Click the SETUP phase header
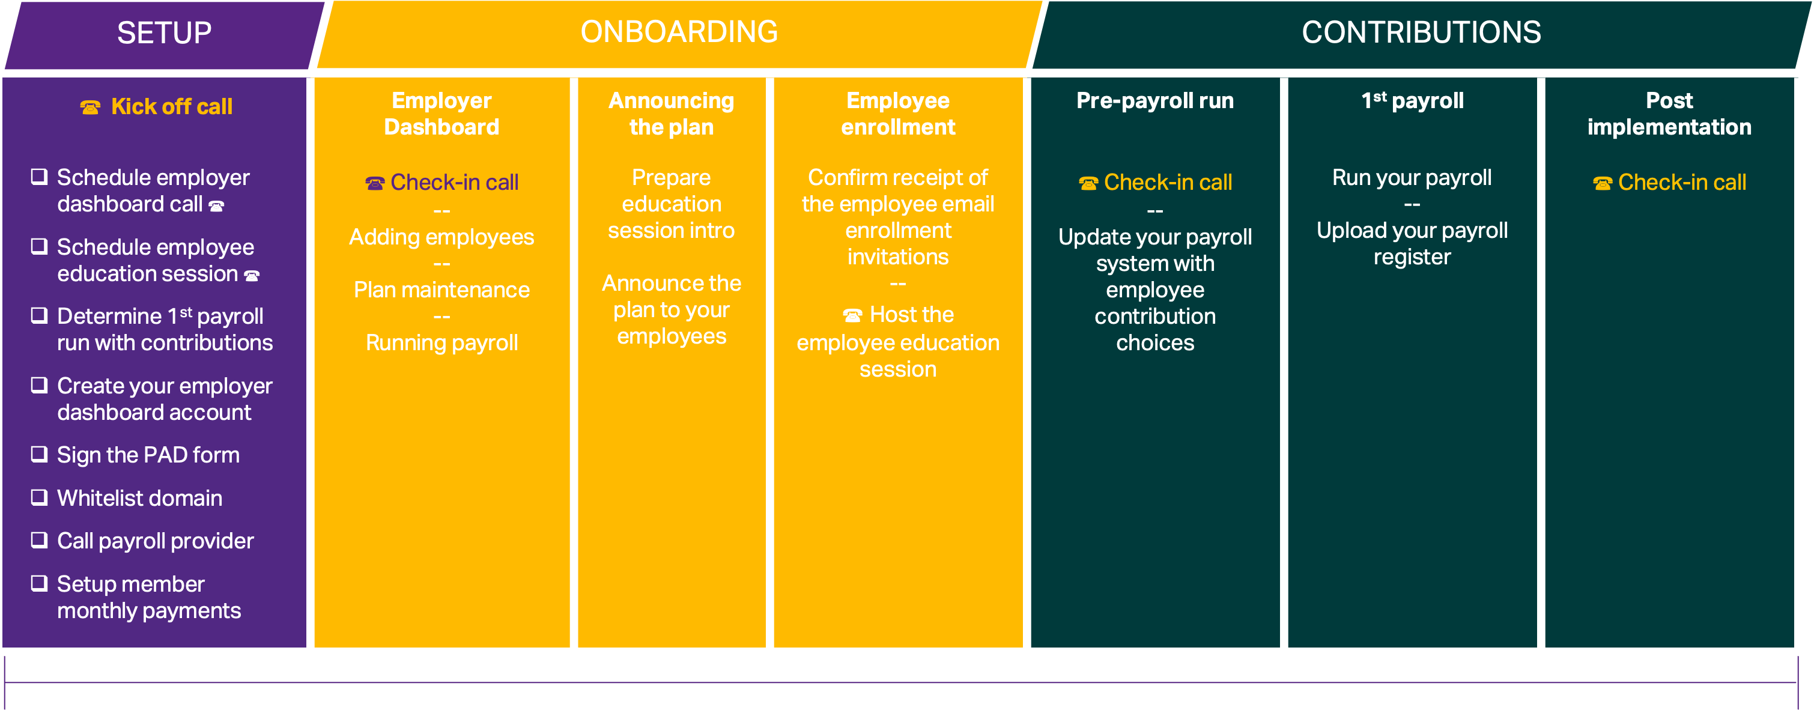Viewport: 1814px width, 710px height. pos(164,33)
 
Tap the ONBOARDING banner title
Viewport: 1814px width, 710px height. pos(679,32)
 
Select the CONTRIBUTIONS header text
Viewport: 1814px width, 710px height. pos(1421,32)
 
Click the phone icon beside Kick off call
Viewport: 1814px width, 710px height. pos(90,107)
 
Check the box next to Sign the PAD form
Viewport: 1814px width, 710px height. pos(40,454)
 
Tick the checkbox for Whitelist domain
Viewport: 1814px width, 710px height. pos(40,497)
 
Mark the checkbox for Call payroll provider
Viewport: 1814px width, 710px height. pos(40,540)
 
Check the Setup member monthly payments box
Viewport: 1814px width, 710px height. pos(40,583)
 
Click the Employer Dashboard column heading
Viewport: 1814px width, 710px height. pos(441,114)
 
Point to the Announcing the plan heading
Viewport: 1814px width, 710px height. pos(671,114)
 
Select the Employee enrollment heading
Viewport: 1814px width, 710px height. pos(898,114)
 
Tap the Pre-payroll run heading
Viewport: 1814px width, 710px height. pos(1155,101)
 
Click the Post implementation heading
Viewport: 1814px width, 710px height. pos(1669,114)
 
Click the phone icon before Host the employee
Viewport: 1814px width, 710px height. pos(852,315)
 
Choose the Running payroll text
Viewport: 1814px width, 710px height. pos(441,343)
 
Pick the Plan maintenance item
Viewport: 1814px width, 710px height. pos(441,290)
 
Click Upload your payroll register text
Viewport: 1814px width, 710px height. pos(1412,244)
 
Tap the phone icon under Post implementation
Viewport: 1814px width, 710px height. pos(1602,183)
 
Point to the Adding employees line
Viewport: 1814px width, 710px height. pos(441,237)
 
